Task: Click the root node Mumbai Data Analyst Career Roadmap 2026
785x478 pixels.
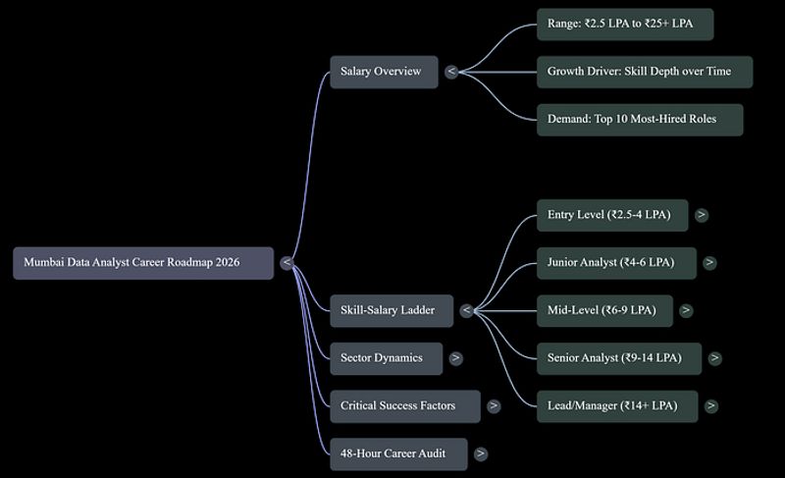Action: tap(143, 263)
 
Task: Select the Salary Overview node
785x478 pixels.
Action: tap(384, 72)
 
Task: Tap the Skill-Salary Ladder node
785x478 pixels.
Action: tap(392, 310)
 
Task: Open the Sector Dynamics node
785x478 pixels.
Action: tap(386, 358)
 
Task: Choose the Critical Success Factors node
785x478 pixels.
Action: tap(405, 406)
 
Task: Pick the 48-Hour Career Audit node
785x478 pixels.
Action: tap(398, 454)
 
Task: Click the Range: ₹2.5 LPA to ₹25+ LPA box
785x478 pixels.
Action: tap(625, 24)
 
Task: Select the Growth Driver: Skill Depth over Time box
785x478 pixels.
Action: tap(645, 72)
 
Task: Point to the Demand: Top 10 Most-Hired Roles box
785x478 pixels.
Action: tap(640, 120)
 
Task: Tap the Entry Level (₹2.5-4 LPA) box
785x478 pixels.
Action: tap(612, 215)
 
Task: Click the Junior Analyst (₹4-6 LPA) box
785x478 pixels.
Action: tap(616, 263)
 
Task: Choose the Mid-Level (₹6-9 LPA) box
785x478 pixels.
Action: tap(604, 310)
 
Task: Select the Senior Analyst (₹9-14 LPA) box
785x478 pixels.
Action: tap(619, 358)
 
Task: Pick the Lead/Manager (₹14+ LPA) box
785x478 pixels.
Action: tap(617, 406)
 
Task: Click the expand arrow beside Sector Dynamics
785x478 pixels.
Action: tap(455, 358)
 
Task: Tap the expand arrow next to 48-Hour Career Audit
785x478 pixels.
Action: tap(481, 454)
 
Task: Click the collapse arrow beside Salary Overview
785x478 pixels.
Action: tap(451, 72)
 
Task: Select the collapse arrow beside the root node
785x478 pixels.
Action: tap(287, 263)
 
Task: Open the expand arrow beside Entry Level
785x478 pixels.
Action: tap(702, 215)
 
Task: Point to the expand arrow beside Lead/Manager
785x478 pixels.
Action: tap(710, 406)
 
